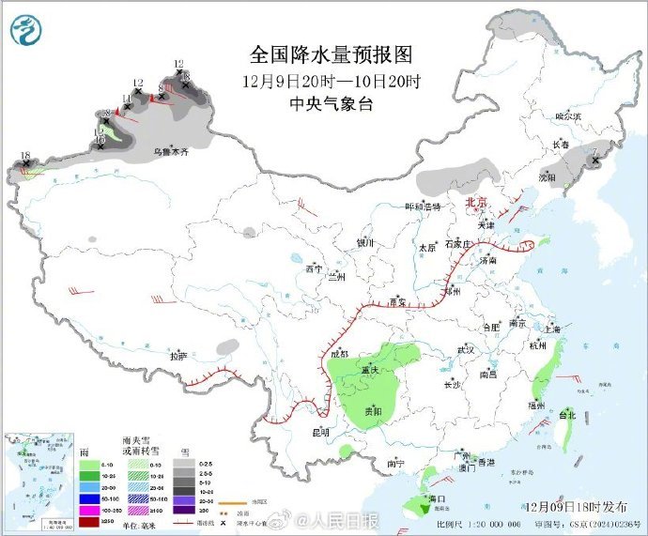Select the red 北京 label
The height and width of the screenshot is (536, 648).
(x=477, y=202)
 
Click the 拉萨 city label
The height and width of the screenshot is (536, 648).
(x=178, y=357)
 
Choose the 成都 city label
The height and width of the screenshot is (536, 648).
(x=340, y=354)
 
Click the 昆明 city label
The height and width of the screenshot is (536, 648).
(x=320, y=433)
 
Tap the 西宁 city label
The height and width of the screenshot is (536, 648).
(x=313, y=269)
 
